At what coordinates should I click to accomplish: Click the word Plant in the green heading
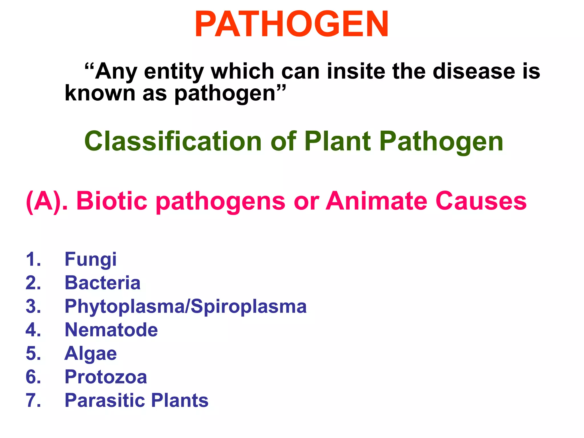pos(338,141)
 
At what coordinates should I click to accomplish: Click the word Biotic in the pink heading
pos(112,201)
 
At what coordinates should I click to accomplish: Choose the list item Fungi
pos(90,259)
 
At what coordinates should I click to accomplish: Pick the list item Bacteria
pos(102,283)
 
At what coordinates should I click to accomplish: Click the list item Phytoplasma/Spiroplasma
pos(185,307)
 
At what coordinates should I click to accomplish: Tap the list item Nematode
pos(111,330)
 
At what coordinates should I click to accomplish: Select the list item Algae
pos(90,354)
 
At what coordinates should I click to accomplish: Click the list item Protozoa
pos(106,377)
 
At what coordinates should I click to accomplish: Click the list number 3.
pos(33,307)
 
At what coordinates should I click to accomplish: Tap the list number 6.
pos(33,377)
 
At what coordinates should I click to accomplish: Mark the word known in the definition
pos(100,93)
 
